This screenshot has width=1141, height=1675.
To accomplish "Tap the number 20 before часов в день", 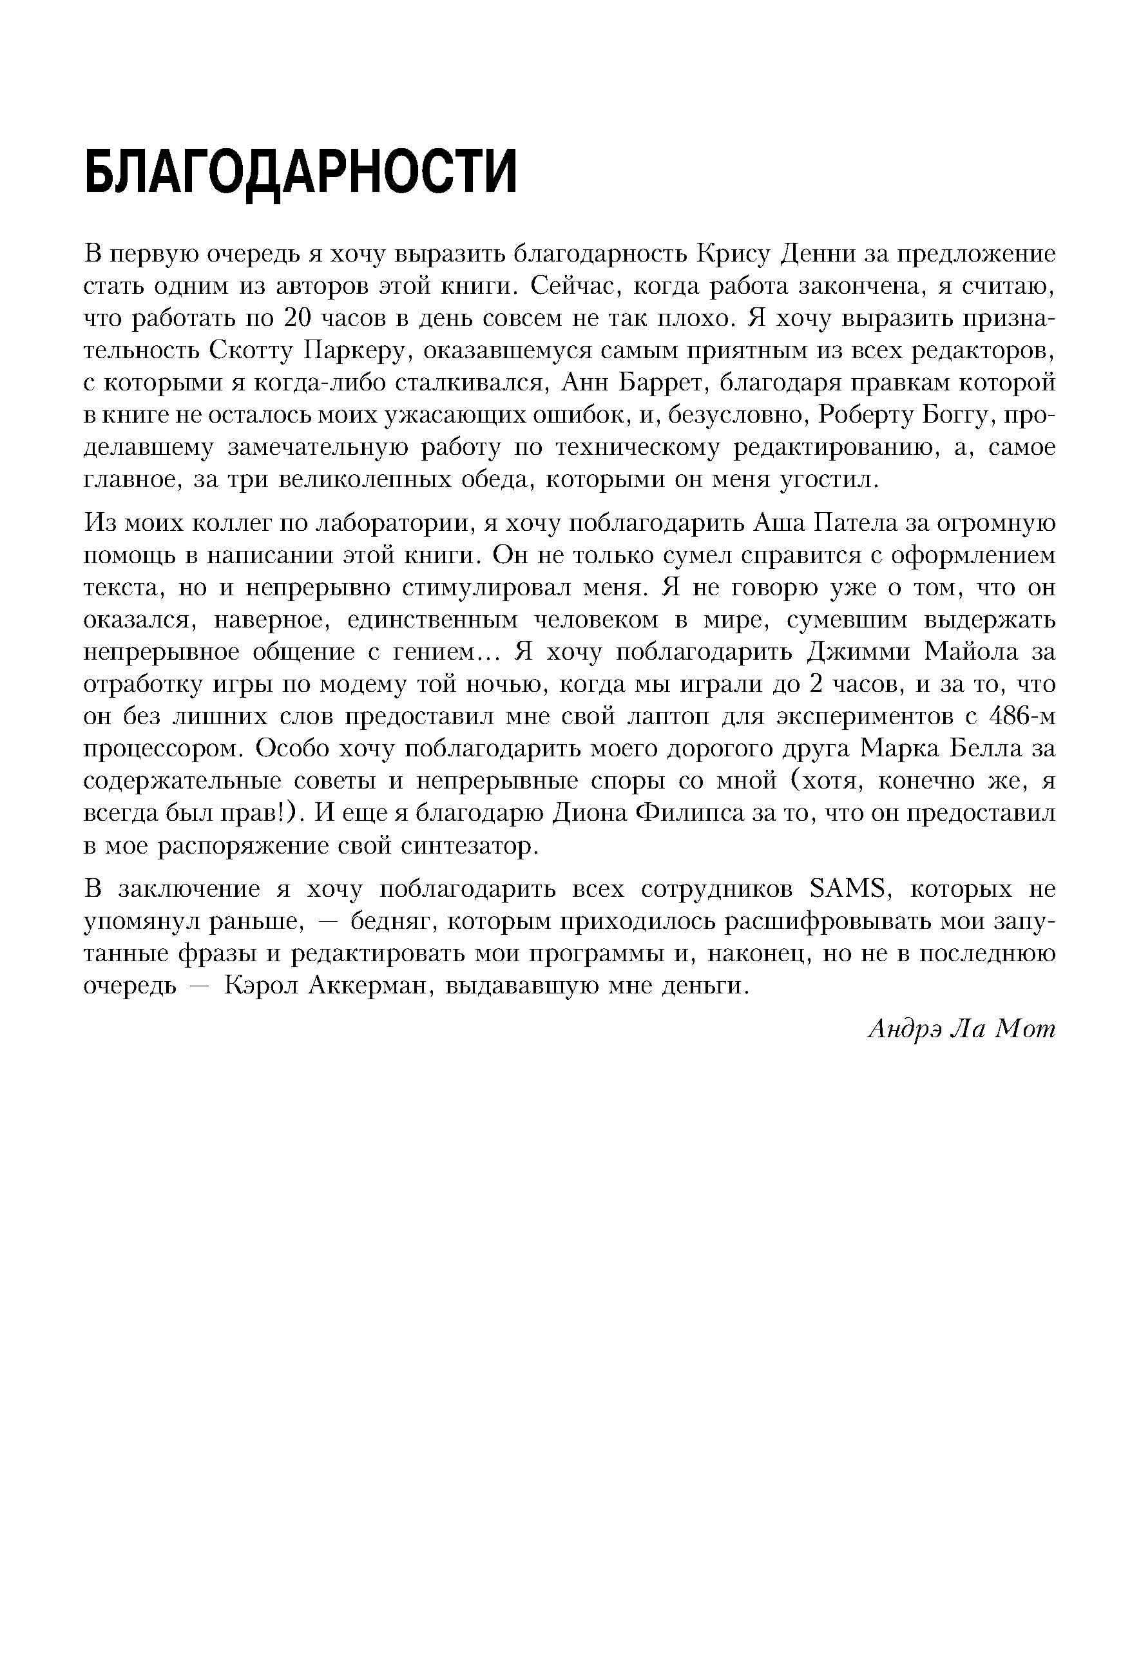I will (x=298, y=318).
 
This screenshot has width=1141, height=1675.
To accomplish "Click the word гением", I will (x=435, y=651).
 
